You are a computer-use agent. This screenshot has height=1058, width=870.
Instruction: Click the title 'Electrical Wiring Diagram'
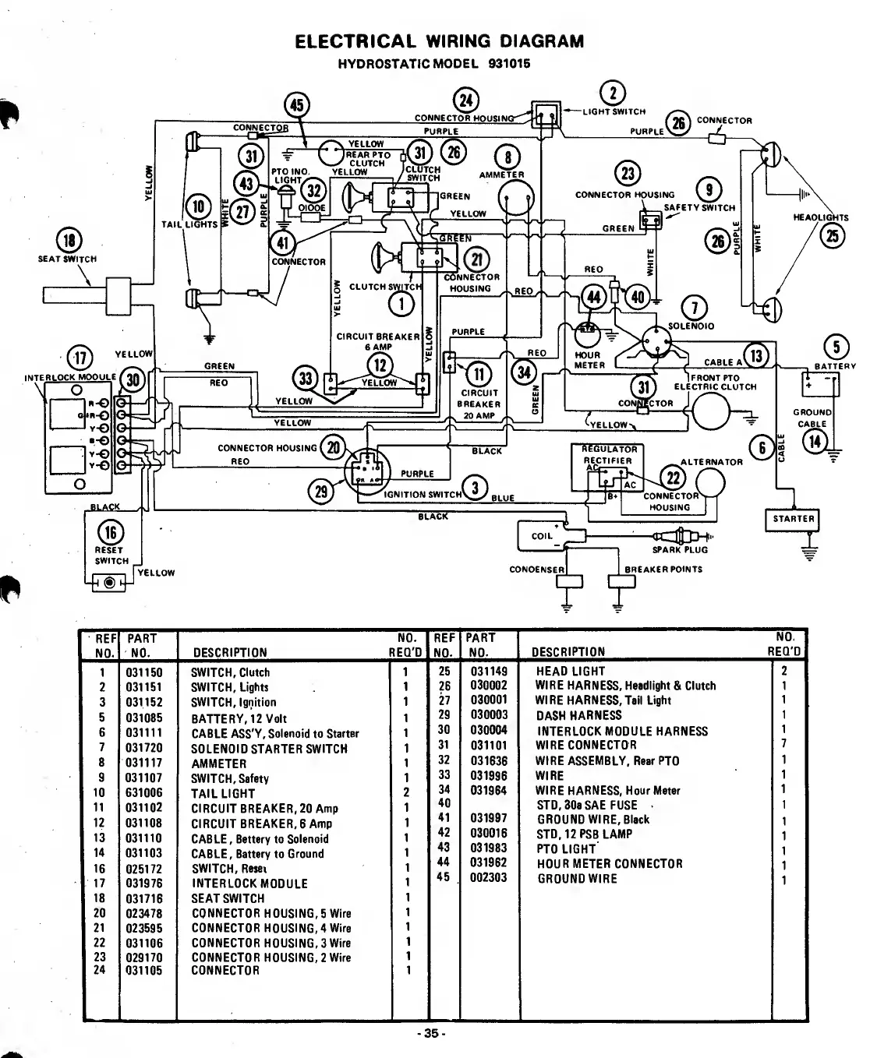pos(439,41)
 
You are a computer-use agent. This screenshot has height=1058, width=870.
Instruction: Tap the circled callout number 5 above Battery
pos(836,347)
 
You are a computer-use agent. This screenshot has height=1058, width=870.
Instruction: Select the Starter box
pos(793,519)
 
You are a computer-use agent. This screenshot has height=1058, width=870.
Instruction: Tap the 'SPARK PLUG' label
pos(679,550)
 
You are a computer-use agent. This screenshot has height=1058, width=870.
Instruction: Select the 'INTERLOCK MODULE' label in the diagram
pos(69,378)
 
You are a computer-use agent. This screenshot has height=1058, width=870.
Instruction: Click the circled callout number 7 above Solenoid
pos(694,307)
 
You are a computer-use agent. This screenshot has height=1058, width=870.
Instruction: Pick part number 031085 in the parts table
pos(144,718)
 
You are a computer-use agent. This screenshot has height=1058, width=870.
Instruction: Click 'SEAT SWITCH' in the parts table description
pos(228,898)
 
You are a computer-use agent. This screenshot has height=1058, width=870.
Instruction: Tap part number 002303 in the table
pos(489,878)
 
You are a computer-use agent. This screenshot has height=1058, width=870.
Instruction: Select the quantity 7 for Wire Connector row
pos(783,745)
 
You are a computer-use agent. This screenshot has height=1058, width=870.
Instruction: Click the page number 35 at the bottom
pos(430,1035)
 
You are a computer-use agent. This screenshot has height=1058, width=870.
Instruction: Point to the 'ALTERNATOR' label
pos(711,462)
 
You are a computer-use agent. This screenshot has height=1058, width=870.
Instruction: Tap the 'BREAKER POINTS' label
pos(663,570)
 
